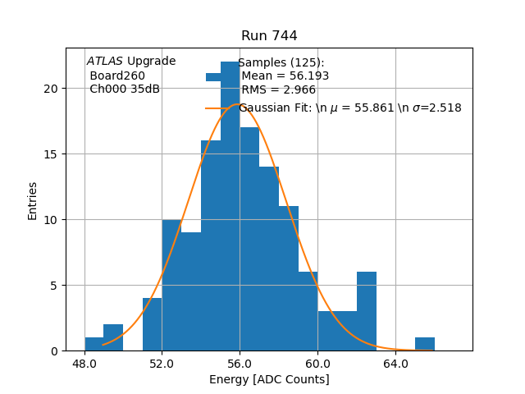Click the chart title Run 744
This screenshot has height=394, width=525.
(x=269, y=36)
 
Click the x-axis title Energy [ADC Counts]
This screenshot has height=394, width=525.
(x=269, y=379)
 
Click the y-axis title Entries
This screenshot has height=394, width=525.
(x=33, y=200)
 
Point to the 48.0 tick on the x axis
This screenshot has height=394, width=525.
(x=84, y=363)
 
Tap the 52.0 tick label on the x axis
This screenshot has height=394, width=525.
(x=162, y=363)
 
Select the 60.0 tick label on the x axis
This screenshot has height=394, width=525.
(x=317, y=363)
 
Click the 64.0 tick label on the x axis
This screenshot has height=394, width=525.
(x=395, y=363)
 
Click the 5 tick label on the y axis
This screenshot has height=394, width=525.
(x=55, y=286)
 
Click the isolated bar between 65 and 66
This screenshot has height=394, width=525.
(x=425, y=344)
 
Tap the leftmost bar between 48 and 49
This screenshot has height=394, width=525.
(x=94, y=344)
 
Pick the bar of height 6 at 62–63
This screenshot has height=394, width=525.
(x=367, y=312)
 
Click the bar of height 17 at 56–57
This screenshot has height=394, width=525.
(x=249, y=238)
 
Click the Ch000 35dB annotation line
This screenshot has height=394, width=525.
(x=125, y=89)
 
